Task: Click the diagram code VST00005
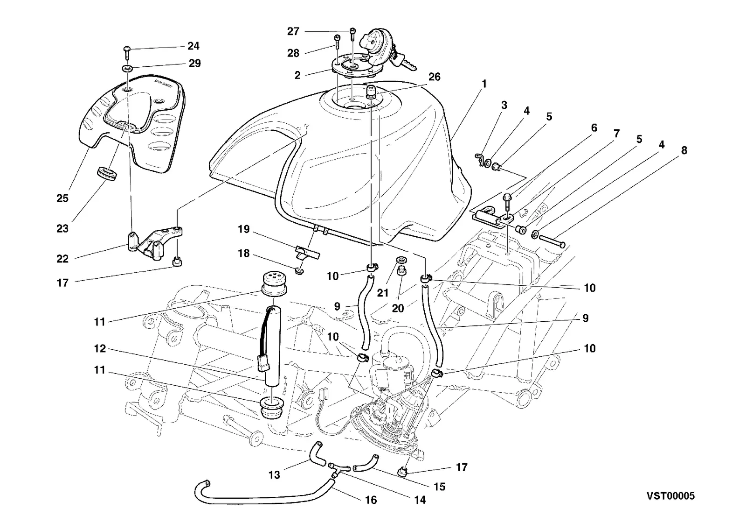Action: pyautogui.click(x=671, y=496)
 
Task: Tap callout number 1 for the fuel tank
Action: pyautogui.click(x=484, y=84)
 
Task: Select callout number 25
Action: pyautogui.click(x=62, y=198)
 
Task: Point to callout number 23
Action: pyautogui.click(x=62, y=228)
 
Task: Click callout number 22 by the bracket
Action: pyautogui.click(x=62, y=259)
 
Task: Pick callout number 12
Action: pyautogui.click(x=100, y=348)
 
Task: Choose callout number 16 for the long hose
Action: pyautogui.click(x=371, y=500)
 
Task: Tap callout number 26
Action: pyautogui.click(x=434, y=77)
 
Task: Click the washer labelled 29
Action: pyautogui.click(x=127, y=68)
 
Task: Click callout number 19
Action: pyautogui.click(x=243, y=229)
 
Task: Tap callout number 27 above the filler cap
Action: pyautogui.click(x=293, y=31)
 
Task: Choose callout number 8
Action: pyautogui.click(x=684, y=150)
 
